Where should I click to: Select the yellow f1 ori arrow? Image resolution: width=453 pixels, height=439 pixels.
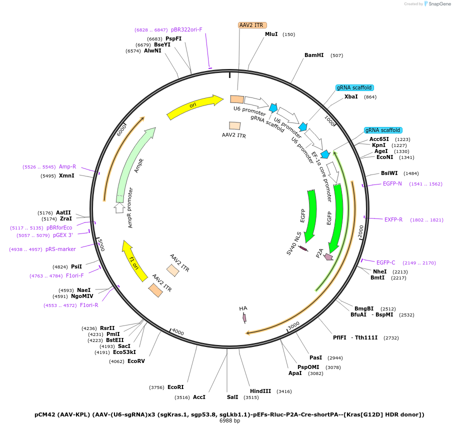[133, 260]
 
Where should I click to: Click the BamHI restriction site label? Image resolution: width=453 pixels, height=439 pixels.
[314, 55]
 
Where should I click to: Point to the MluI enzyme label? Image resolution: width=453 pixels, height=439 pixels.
[271, 34]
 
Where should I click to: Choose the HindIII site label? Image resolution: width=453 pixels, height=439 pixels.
[260, 391]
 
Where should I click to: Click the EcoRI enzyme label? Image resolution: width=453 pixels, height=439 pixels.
[175, 387]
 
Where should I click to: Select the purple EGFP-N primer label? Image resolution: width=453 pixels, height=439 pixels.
[392, 183]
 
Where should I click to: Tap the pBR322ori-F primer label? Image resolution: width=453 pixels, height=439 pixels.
[186, 29]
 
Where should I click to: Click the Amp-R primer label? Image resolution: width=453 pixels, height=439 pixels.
[67, 166]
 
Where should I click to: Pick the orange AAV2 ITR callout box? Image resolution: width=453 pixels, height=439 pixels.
[252, 25]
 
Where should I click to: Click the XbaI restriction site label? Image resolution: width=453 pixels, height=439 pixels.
[351, 97]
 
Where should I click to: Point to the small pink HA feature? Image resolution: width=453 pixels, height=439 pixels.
[244, 317]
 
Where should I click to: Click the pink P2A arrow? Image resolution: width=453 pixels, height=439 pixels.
[328, 257]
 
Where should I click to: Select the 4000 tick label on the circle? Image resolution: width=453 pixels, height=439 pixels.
[178, 332]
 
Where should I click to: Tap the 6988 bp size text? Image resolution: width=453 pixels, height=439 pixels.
[229, 420]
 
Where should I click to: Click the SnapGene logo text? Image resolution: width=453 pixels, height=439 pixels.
[440, 4]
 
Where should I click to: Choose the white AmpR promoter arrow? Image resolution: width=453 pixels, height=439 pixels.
[119, 207]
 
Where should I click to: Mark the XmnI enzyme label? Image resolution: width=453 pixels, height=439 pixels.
[66, 175]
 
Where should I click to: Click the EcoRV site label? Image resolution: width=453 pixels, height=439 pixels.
[136, 361]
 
